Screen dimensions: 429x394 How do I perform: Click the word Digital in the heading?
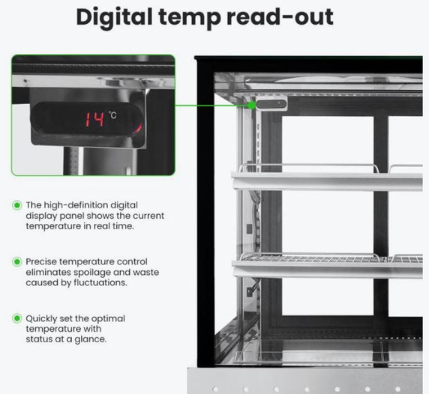114,17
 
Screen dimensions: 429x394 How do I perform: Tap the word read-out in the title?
280,17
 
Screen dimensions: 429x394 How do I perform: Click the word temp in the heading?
189,18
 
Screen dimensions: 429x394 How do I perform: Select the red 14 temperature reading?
95,119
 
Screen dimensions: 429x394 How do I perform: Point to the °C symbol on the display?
112,115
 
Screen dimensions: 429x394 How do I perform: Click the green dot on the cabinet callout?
252,105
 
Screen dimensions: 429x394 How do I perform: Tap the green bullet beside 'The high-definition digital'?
17,205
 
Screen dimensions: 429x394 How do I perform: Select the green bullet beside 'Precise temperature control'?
17,261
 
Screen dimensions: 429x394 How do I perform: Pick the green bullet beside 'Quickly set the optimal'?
17,318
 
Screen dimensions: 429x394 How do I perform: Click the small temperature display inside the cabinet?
271,104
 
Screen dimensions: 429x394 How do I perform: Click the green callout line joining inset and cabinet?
211,105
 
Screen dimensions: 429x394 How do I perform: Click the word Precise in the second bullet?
41,261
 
